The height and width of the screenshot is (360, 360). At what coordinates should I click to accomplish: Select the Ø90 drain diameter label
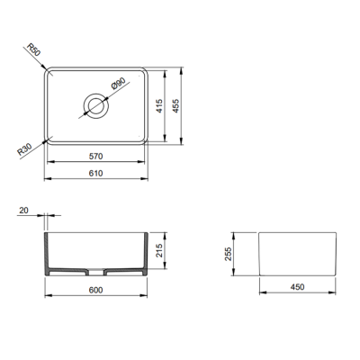[x=116, y=86]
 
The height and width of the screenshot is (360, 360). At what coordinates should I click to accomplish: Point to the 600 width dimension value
[x=95, y=290]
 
